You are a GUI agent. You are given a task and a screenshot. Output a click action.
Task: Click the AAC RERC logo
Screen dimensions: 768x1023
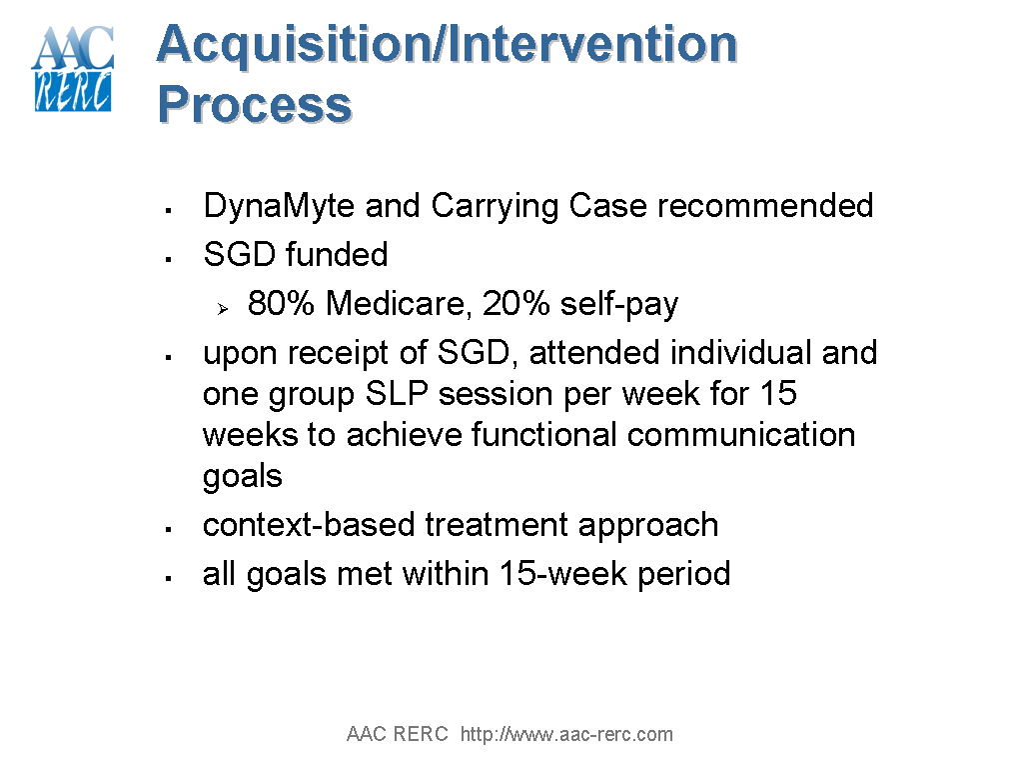click(x=73, y=69)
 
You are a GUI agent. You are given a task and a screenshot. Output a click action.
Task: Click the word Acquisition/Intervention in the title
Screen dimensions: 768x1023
click(x=447, y=44)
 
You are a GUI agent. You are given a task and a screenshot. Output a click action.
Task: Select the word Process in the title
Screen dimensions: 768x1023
click(x=255, y=104)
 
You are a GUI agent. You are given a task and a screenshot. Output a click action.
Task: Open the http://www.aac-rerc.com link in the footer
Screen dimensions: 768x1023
click(x=566, y=735)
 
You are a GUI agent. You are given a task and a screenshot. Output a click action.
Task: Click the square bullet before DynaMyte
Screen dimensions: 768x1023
click(x=170, y=210)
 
